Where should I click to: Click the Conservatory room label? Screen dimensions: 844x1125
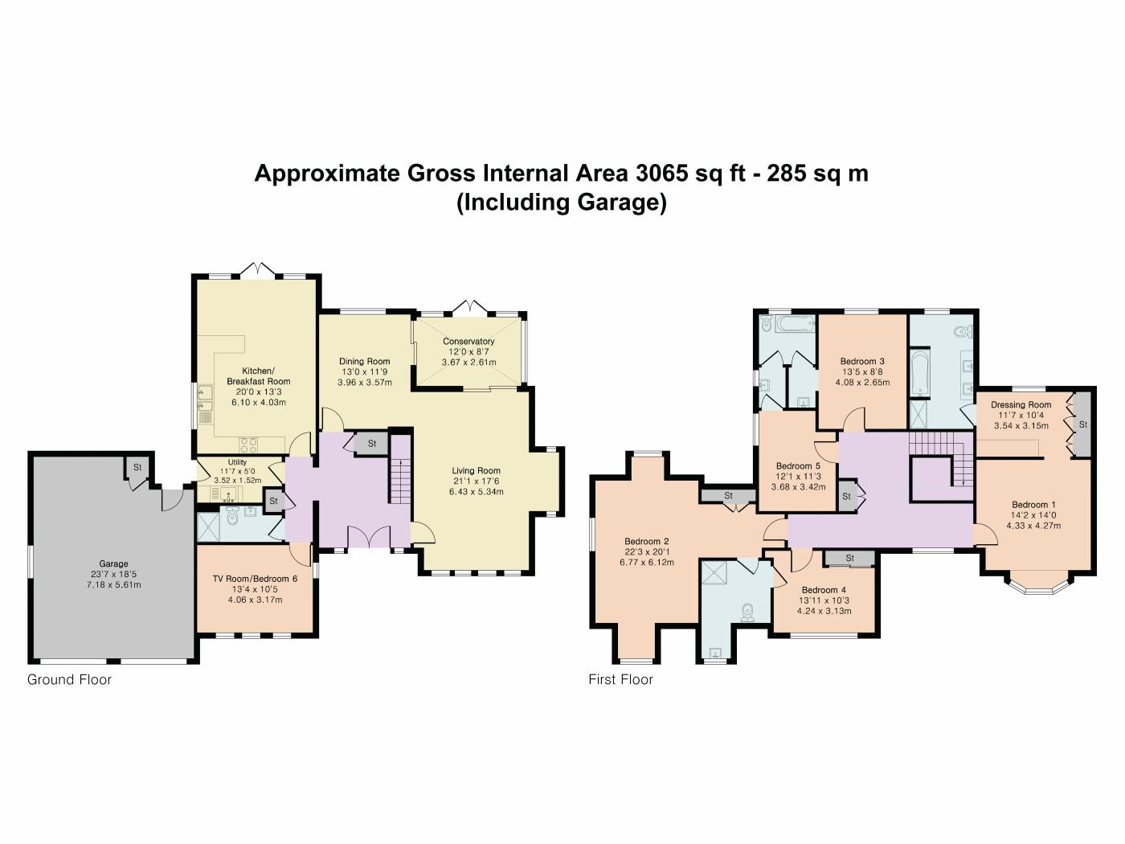(468, 342)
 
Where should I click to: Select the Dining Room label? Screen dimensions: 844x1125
(364, 362)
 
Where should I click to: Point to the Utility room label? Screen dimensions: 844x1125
(237, 462)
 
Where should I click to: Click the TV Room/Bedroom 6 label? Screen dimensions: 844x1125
(255, 579)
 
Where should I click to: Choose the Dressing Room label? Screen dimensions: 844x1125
(1021, 404)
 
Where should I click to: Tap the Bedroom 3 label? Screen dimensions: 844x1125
(862, 362)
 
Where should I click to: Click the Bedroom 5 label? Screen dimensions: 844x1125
(798, 465)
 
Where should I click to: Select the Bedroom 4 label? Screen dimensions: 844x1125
(824, 590)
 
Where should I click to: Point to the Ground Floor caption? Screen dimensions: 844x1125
(69, 680)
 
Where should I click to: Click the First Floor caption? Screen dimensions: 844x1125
(620, 680)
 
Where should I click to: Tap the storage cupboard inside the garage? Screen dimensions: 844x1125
(137, 467)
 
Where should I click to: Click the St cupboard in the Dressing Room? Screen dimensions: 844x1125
(1082, 424)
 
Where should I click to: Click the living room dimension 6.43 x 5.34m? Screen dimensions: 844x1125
(476, 492)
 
